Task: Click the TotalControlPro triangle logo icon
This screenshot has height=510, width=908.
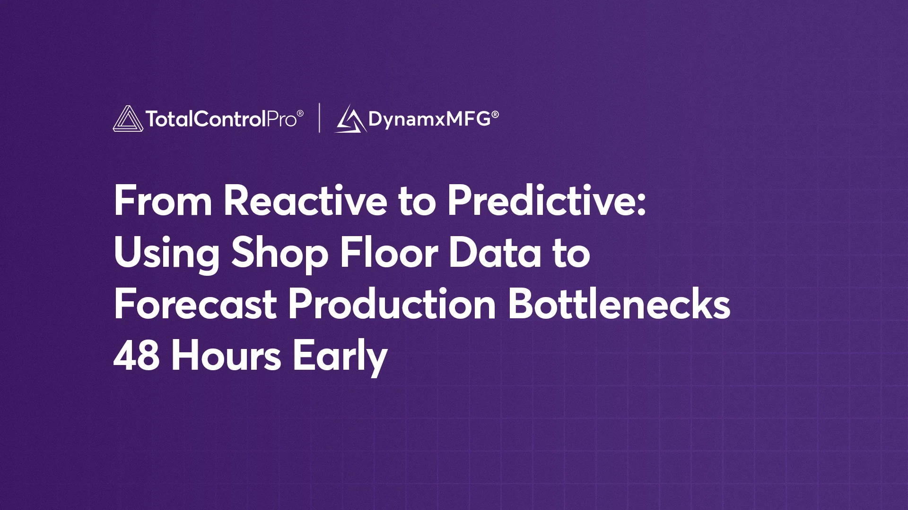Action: pos(128,119)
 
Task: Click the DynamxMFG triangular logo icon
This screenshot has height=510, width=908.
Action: pos(350,119)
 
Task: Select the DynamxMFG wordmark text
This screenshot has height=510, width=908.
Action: pos(429,119)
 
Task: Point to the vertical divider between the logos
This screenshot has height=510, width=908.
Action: pos(320,118)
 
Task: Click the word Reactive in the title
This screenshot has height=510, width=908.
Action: pos(306,201)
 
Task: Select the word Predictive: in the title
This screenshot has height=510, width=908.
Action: pos(547,201)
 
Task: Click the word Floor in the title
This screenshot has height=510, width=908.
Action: pos(389,253)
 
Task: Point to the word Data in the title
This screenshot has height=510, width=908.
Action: pos(495,253)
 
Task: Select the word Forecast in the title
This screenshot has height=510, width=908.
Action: pos(195,305)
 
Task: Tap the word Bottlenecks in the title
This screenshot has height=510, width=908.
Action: pos(619,305)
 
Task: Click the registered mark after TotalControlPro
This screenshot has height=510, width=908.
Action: pos(300,113)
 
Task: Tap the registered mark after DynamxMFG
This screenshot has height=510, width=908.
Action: pos(495,114)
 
